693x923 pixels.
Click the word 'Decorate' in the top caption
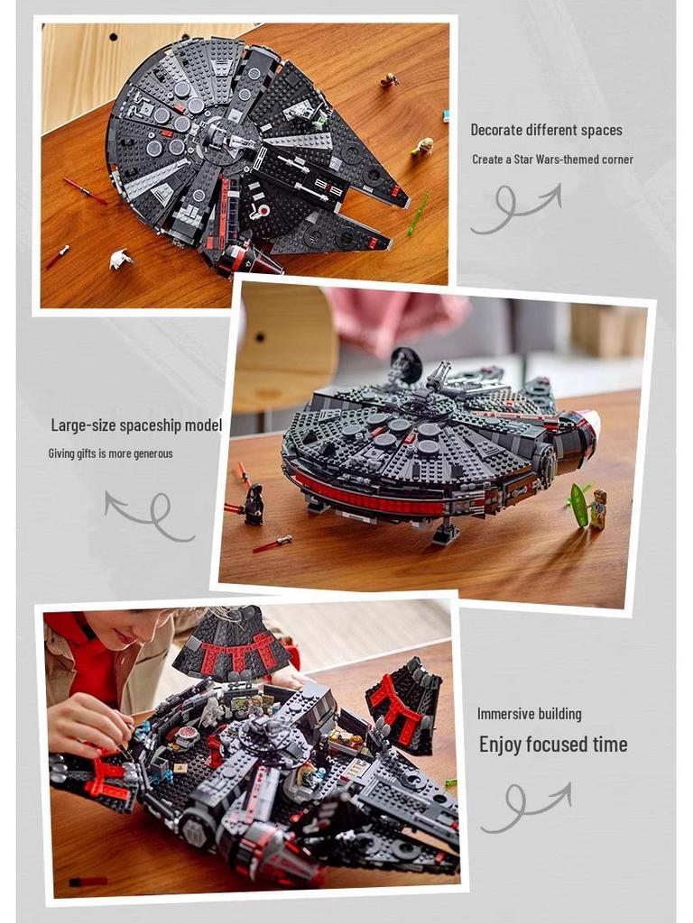point(499,130)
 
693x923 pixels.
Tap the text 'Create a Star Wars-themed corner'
point(552,160)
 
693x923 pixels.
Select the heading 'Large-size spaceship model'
point(135,425)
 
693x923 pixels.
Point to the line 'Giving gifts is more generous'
point(110,453)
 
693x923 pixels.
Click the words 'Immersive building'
point(529,714)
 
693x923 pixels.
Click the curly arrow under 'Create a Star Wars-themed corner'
point(514,208)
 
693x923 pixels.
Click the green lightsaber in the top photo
point(418,214)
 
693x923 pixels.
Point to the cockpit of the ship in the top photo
point(254,260)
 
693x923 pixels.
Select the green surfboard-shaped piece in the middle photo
point(578,504)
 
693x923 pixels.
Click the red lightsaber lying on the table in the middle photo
point(272,544)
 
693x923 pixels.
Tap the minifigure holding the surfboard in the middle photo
point(598,509)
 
